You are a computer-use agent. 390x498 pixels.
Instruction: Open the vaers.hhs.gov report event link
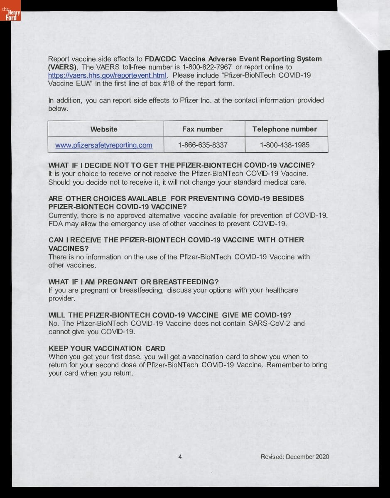click(x=107, y=76)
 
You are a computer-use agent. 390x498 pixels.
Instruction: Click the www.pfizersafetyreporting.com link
click(x=104, y=145)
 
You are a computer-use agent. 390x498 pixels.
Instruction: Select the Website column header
click(x=104, y=129)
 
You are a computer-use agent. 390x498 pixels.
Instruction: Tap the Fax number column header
click(x=202, y=129)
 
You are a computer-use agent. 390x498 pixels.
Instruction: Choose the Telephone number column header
click(x=285, y=129)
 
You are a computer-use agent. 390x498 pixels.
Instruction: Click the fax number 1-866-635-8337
click(x=203, y=145)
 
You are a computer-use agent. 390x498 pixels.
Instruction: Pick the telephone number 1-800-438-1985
click(x=285, y=145)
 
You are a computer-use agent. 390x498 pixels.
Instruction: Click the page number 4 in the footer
click(x=180, y=457)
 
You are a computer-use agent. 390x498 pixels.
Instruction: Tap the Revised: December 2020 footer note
click(x=295, y=457)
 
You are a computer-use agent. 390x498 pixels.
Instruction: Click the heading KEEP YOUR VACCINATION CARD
click(x=107, y=348)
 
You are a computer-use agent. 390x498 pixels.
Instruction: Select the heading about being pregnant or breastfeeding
click(x=133, y=282)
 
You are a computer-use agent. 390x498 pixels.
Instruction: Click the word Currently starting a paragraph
click(x=64, y=215)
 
